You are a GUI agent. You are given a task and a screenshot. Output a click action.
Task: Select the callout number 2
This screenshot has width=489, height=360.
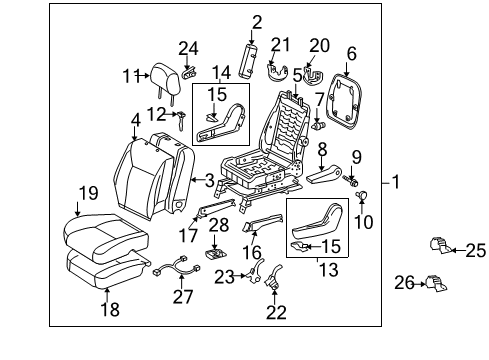(x=257, y=21)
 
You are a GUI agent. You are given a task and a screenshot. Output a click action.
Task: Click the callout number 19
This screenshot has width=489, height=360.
(x=88, y=193)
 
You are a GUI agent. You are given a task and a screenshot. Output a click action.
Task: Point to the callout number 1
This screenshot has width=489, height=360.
(x=397, y=182)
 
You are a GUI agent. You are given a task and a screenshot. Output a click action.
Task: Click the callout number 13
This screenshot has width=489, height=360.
(x=320, y=269)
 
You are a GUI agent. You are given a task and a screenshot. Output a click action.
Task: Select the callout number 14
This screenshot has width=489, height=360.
(x=220, y=72)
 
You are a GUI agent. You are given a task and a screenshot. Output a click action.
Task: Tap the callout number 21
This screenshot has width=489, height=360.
(x=281, y=44)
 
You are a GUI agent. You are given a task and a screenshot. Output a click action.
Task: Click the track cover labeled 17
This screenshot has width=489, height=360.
(x=212, y=212)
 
